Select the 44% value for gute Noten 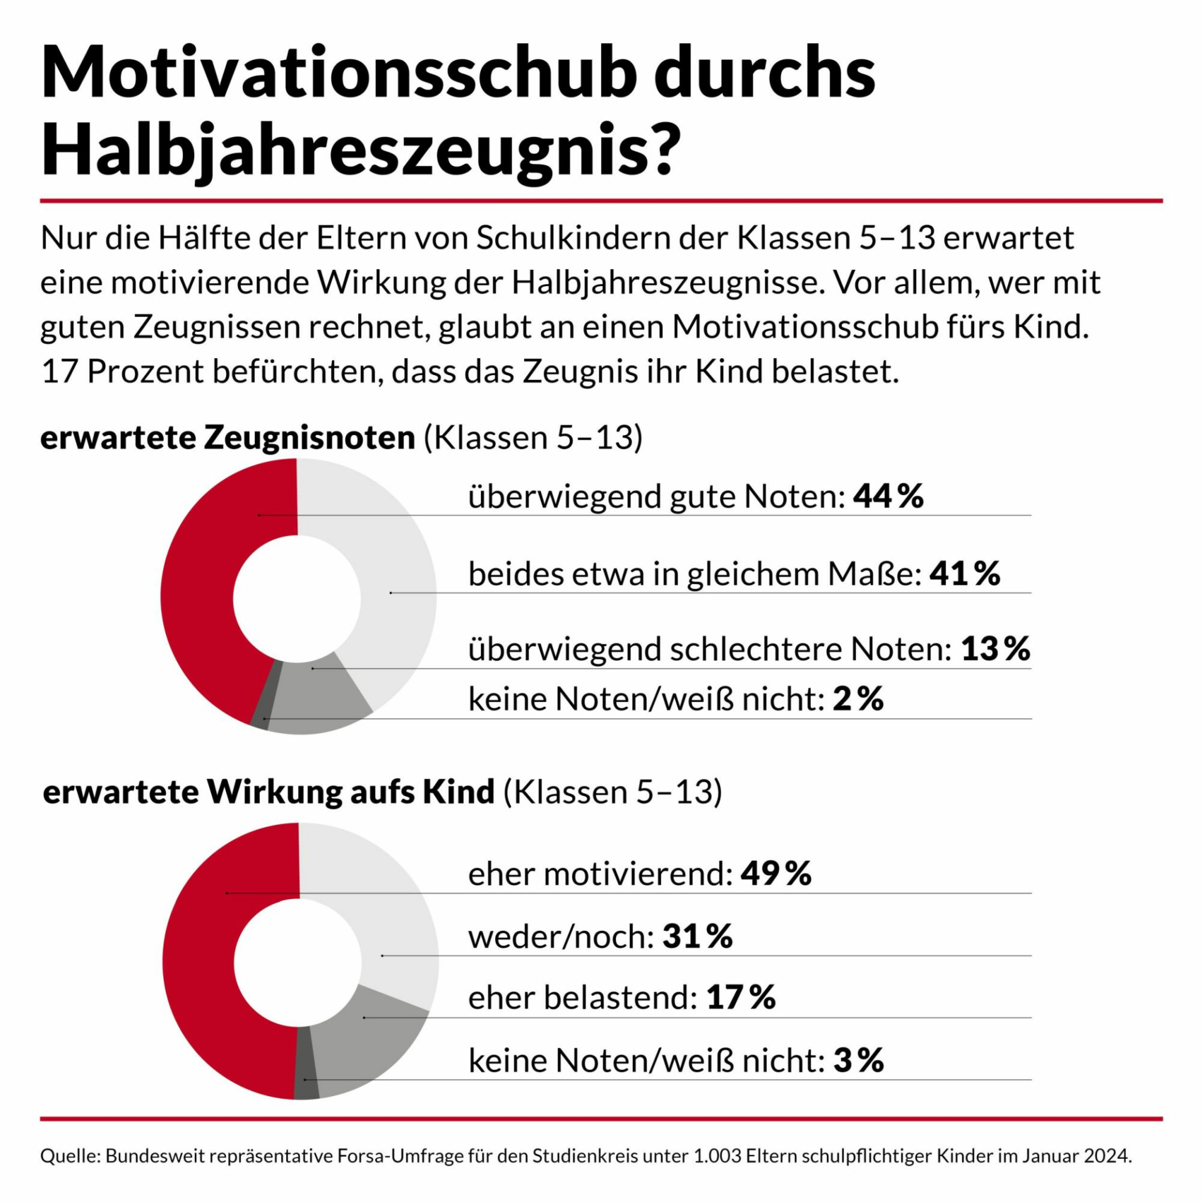pos(888,496)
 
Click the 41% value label pos(965,573)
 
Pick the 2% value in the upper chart pos(858,699)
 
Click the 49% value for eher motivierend pos(776,873)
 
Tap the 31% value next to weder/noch pos(697,937)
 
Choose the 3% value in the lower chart pos(858,1061)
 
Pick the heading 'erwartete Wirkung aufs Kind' pos(269,792)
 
